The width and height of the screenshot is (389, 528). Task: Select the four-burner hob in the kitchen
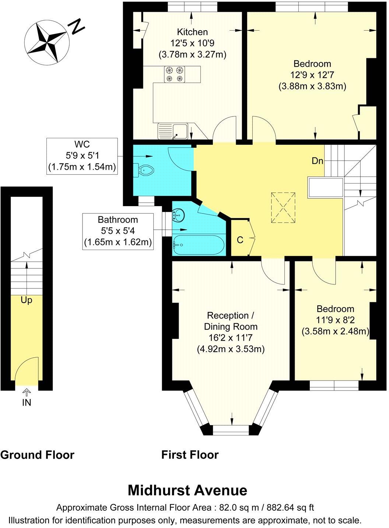tap(175, 74)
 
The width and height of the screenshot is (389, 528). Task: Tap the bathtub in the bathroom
tap(198, 245)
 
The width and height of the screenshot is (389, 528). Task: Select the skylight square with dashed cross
tap(283, 207)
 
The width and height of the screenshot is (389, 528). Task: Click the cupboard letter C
tap(240, 240)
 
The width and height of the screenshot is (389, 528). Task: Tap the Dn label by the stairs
tap(317, 161)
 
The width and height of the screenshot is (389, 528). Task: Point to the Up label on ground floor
tap(26, 301)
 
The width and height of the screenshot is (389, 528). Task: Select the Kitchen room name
tap(192, 32)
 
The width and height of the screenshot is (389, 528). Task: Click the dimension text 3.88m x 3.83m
tap(312, 86)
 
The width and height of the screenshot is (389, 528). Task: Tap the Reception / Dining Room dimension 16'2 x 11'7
tap(230, 337)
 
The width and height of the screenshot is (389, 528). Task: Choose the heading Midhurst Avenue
tap(187, 490)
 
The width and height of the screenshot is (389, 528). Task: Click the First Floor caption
tap(190, 455)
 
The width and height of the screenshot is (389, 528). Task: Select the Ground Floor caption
tap(37, 455)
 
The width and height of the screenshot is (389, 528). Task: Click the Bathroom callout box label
tap(118, 220)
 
